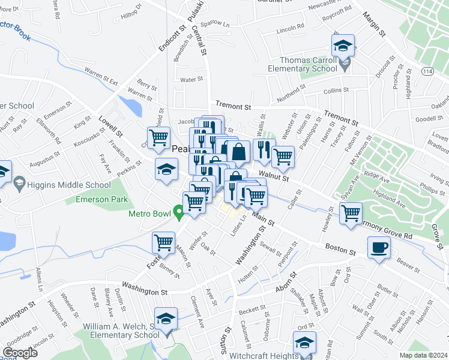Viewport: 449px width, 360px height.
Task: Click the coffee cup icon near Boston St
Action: tap(379, 248)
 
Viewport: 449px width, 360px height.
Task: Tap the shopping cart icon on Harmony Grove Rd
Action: tap(351, 212)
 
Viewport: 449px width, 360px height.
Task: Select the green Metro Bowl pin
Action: tap(178, 212)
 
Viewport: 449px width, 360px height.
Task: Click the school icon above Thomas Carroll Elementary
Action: tap(343, 45)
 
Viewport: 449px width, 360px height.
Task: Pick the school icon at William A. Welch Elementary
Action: tap(166, 318)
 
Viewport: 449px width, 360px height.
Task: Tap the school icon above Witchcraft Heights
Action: tap(304, 343)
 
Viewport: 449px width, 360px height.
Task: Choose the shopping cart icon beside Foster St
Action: tap(163, 242)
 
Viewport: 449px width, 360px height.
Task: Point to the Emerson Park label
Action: tap(96, 199)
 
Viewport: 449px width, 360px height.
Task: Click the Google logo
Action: tap(19, 353)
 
